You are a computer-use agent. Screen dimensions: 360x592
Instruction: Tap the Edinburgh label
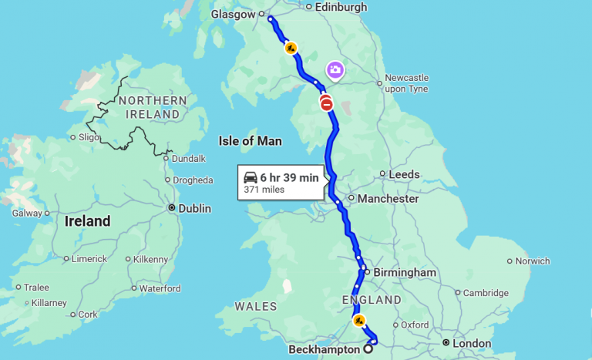341,7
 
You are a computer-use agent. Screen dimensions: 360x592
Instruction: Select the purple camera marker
335,71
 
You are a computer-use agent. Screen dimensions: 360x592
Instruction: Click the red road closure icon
327,104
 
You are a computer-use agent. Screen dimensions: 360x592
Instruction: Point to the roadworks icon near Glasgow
291,48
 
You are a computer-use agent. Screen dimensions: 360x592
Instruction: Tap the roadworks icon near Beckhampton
358,320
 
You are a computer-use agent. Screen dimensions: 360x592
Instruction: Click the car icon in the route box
251,177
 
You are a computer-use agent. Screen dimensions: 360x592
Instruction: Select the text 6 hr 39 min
289,177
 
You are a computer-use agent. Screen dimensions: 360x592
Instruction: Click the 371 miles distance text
264,190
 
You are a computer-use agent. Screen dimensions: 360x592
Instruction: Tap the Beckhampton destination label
324,349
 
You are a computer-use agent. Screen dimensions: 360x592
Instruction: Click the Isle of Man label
251,141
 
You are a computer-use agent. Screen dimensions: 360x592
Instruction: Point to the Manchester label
388,199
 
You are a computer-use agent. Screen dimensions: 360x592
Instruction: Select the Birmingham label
404,272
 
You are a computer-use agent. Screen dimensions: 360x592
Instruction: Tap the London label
472,343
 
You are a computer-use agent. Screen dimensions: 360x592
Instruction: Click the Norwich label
533,261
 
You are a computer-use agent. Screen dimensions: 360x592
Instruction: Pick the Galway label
27,213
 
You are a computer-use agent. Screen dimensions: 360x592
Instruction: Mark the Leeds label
404,175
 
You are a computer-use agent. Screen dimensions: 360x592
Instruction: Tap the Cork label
88,315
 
